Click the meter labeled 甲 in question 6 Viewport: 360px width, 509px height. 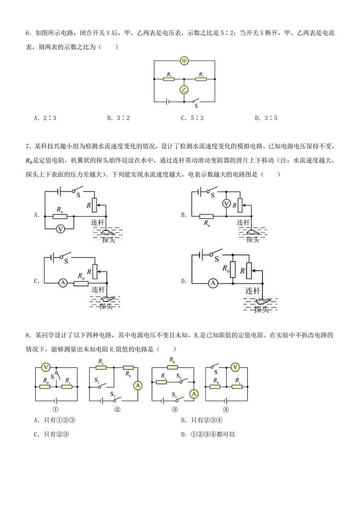[184, 61]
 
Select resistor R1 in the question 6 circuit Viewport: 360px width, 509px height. [169, 79]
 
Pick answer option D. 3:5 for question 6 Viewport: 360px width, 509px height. [266, 118]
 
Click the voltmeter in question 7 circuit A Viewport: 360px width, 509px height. [60, 229]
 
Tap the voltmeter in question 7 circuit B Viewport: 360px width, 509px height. [226, 204]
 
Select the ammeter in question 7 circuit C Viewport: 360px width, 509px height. [63, 282]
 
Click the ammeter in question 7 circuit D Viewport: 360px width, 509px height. [212, 283]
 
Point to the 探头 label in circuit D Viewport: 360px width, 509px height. [263, 310]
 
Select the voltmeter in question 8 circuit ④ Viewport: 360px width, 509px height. [235, 367]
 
